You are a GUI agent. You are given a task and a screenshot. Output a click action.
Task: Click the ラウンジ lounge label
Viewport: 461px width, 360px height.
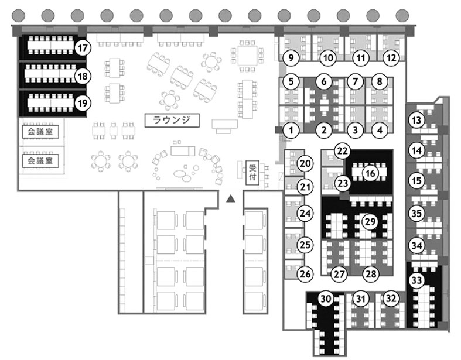172,121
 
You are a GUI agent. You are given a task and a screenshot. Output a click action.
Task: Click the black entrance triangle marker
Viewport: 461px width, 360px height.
231,199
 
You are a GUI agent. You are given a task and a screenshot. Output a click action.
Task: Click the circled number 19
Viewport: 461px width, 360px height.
83,103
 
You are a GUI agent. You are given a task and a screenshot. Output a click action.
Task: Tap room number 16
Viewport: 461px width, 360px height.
370,173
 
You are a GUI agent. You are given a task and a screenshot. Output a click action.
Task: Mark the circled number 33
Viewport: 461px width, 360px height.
416,280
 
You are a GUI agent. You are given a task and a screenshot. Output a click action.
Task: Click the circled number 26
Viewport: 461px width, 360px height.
305,273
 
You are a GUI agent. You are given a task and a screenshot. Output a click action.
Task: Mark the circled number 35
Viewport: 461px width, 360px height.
416,214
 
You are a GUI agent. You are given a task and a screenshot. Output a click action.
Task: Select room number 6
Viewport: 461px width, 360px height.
324,81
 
